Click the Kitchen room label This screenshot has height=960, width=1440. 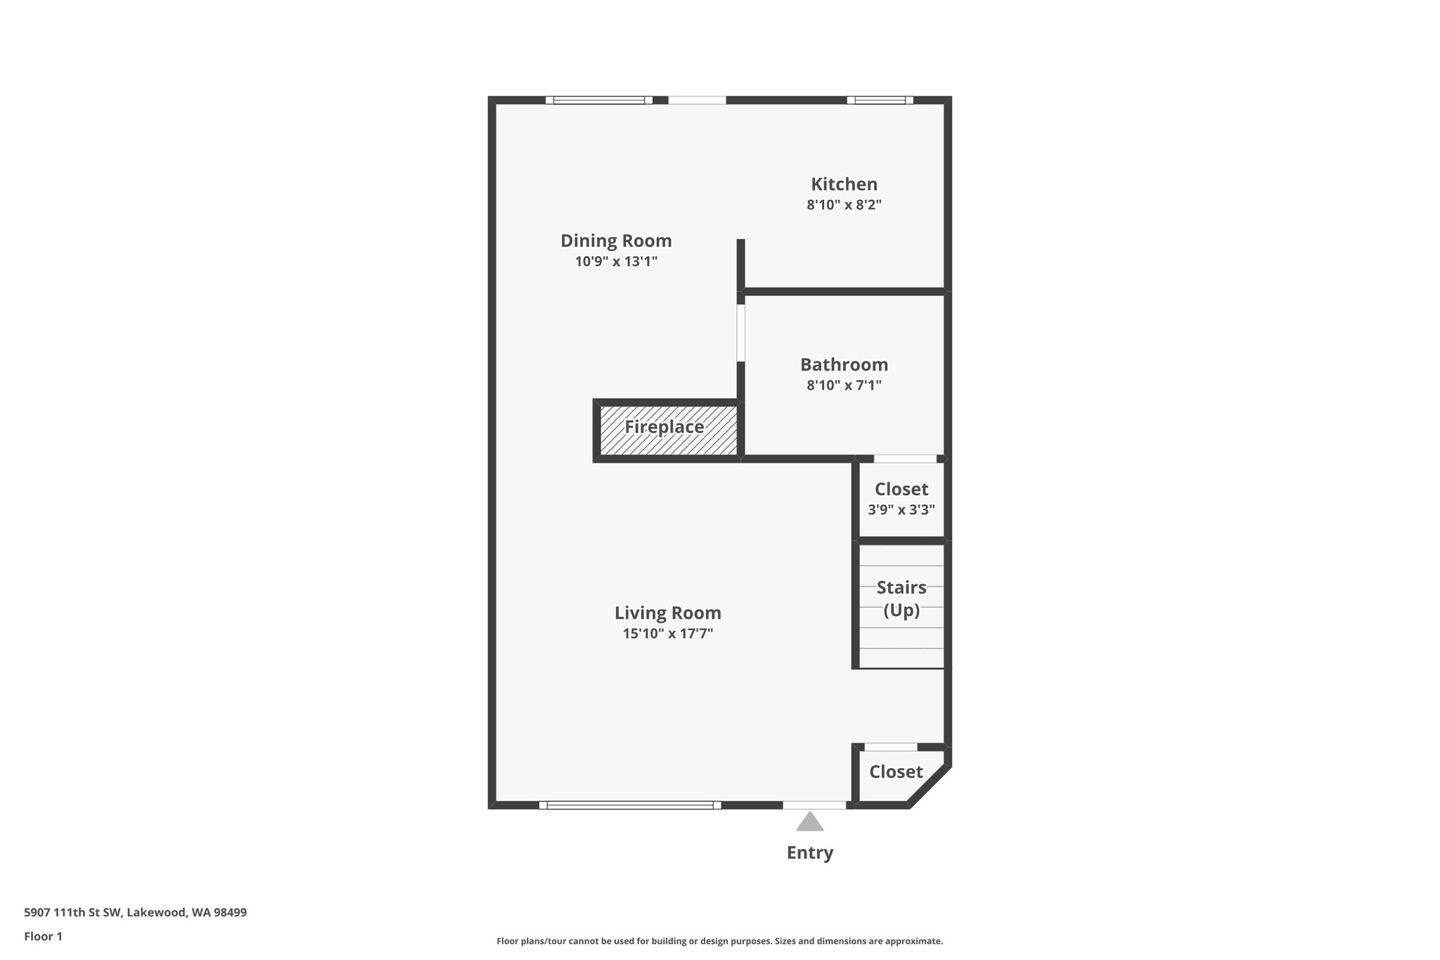[844, 184]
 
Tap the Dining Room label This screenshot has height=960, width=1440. [616, 241]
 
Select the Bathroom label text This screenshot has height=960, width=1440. [844, 365]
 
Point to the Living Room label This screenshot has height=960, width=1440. [667, 613]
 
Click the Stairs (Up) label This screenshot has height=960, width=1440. [901, 598]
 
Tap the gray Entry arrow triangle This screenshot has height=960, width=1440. [810, 821]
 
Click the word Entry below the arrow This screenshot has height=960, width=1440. [810, 852]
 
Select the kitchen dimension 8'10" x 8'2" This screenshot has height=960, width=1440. [844, 205]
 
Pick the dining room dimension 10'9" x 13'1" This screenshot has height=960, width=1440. [616, 262]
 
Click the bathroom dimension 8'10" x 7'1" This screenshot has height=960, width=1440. [844, 385]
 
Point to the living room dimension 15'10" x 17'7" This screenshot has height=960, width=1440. [667, 634]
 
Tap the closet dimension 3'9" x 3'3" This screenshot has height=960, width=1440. [901, 510]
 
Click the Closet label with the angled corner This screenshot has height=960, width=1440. [896, 772]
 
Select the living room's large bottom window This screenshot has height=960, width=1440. [630, 805]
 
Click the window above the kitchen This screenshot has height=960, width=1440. [880, 100]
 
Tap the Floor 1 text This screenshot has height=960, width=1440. [44, 936]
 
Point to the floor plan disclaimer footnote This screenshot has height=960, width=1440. [719, 941]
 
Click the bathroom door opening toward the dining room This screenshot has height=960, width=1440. [741, 332]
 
